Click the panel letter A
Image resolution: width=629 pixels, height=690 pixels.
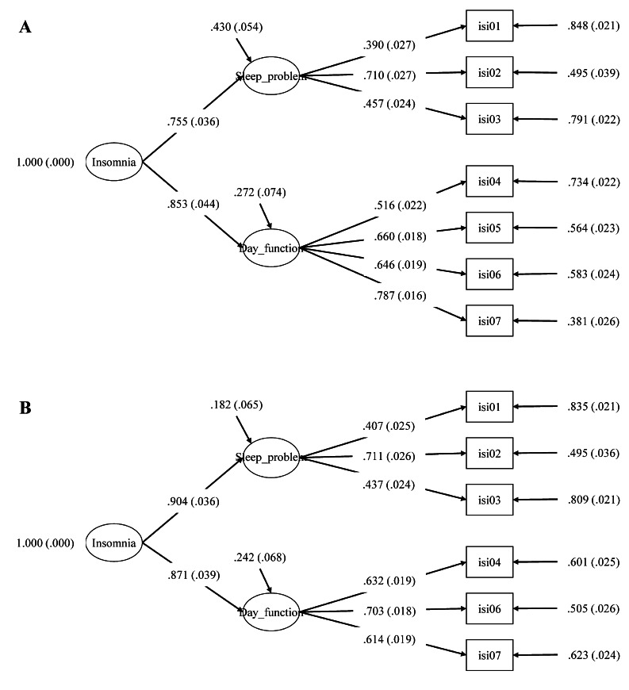click(x=25, y=27)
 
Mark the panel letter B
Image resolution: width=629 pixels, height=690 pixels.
click(x=25, y=408)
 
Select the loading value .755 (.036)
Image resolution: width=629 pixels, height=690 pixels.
click(x=193, y=122)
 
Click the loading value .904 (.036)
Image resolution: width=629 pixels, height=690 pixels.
click(x=193, y=502)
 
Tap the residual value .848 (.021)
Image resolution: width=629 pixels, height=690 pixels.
click(x=593, y=26)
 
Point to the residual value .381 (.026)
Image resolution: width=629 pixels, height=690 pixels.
click(x=593, y=321)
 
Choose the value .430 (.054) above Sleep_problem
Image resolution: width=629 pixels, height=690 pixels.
click(x=236, y=27)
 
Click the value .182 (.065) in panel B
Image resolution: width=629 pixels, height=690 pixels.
click(x=236, y=404)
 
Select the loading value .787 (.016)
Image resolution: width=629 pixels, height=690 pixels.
click(x=400, y=295)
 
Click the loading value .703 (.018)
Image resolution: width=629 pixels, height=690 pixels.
click(x=389, y=611)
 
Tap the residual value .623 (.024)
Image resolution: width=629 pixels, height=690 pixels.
click(x=593, y=655)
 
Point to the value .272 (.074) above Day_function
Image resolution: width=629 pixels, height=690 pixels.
click(x=259, y=192)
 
